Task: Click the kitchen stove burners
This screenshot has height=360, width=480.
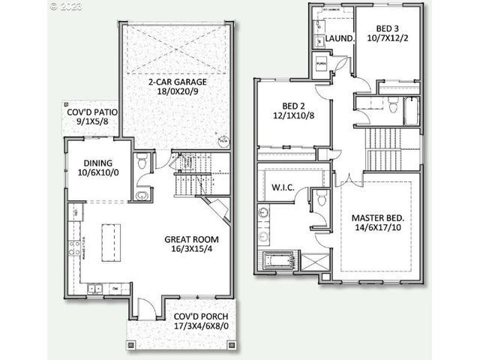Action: [x=74, y=248]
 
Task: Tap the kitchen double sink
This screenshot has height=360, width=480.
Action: [x=97, y=288]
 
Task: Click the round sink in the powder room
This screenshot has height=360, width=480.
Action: [x=141, y=195]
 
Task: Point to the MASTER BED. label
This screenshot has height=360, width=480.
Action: [x=378, y=223]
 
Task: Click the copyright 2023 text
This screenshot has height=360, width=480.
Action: [x=67, y=6]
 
